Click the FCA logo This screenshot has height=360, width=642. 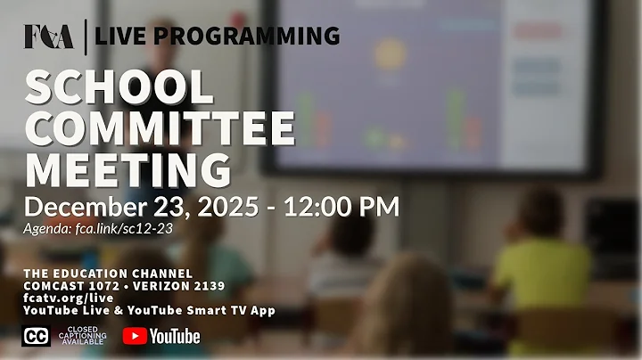coord(48,36)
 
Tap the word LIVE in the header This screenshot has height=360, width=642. coord(125,36)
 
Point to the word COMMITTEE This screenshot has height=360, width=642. coord(160,130)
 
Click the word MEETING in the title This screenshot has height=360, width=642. coord(128,170)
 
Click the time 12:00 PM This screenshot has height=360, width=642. coord(342,207)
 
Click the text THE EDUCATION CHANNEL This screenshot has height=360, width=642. coord(107,273)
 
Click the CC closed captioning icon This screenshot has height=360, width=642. coord(36,336)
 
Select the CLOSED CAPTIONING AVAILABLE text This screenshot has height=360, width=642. coord(82,336)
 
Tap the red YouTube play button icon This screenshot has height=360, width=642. coord(135,336)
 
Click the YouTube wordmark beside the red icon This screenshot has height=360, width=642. coord(175,336)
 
